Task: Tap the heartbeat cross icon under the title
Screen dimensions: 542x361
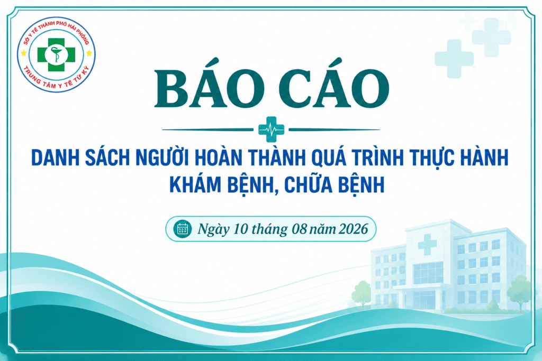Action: click(x=272, y=129)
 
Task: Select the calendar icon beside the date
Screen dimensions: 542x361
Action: click(x=183, y=229)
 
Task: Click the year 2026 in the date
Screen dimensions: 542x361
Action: click(x=353, y=229)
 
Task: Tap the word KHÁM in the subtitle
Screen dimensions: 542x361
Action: click(x=195, y=184)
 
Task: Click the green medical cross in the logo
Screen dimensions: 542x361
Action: click(x=56, y=54)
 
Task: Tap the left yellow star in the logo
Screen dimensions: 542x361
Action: click(x=23, y=53)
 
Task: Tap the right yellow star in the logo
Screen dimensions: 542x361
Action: click(x=89, y=53)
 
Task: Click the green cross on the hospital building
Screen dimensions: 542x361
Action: click(x=427, y=244)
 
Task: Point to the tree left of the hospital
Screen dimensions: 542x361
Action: click(x=361, y=294)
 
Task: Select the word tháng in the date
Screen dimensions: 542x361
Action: click(x=269, y=229)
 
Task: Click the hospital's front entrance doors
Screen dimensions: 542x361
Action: click(x=424, y=300)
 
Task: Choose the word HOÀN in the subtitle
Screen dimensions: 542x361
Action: click(x=219, y=158)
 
